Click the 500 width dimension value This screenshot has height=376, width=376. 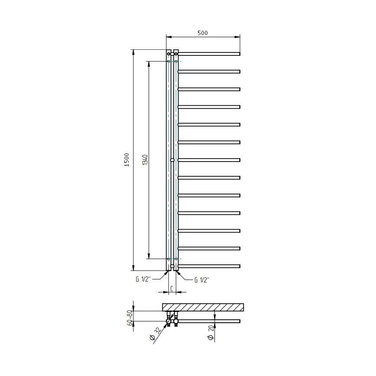pos(203,32)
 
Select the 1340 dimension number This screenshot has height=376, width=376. pos(145,160)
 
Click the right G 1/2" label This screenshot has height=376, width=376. pos(202,279)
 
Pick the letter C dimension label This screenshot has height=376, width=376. pos(172,288)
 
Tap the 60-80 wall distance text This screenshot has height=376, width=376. pos(129,318)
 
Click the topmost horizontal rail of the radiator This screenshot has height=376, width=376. pos(209,54)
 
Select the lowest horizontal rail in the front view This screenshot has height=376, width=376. pos(209,266)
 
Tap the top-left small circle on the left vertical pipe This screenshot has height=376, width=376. pos(169,54)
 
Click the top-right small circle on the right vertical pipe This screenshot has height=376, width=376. pos(175,54)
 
